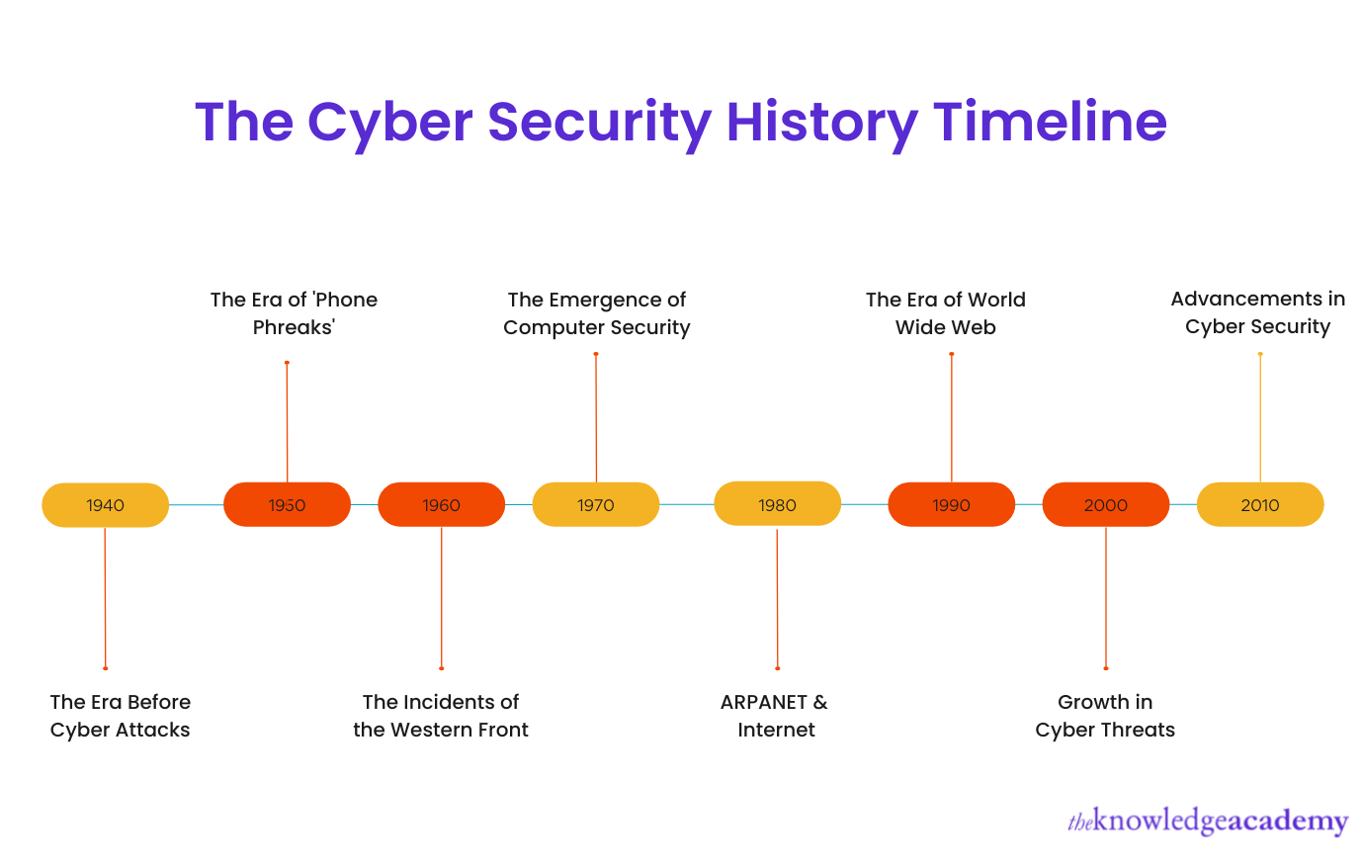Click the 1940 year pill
(x=105, y=505)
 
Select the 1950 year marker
(x=287, y=505)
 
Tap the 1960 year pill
(x=441, y=505)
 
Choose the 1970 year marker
(x=595, y=505)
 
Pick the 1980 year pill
(x=777, y=504)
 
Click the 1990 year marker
(x=951, y=505)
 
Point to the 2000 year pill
(x=1105, y=505)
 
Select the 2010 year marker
(x=1259, y=505)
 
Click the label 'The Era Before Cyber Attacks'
(x=120, y=716)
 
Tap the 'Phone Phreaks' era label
(x=294, y=313)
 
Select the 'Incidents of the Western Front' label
(x=441, y=716)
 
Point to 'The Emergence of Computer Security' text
(x=596, y=313)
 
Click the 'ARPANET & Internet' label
(x=775, y=716)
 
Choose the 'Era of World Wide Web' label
(x=946, y=313)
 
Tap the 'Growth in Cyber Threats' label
(x=1105, y=716)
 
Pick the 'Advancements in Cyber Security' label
(x=1257, y=312)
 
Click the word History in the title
(x=822, y=123)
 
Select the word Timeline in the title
(x=1050, y=122)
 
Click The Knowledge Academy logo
(x=1207, y=822)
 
